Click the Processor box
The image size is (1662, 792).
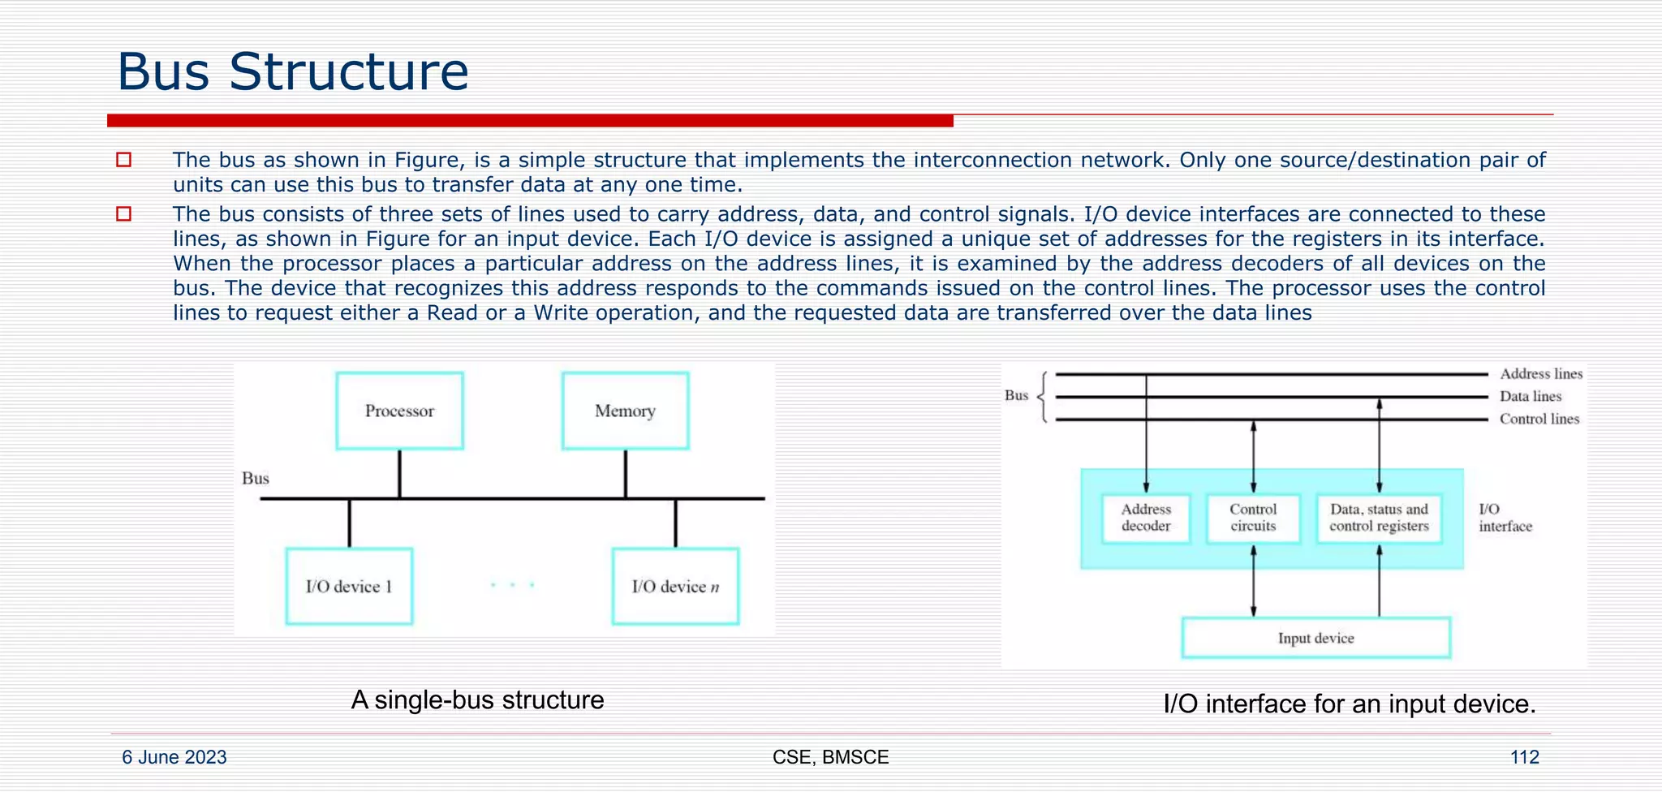click(x=399, y=411)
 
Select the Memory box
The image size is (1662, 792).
click(x=625, y=411)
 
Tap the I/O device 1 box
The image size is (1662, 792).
click(x=349, y=586)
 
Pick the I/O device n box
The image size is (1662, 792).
click(x=675, y=586)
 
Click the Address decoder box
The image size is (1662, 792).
click(x=1146, y=518)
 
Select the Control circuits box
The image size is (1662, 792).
click(x=1253, y=518)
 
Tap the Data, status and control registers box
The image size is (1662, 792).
click(x=1379, y=518)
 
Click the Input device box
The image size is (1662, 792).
click(x=1315, y=638)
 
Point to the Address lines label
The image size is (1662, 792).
click(x=1540, y=374)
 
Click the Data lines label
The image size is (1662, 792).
click(x=1530, y=397)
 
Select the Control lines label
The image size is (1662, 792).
click(x=1539, y=420)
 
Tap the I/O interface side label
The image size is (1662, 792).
click(x=1505, y=518)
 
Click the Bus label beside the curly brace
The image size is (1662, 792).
click(x=1016, y=396)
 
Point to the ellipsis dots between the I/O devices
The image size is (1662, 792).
click(x=512, y=584)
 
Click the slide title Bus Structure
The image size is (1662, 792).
click(x=293, y=71)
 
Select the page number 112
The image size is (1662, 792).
click(x=1524, y=757)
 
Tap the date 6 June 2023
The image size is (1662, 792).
click(x=174, y=757)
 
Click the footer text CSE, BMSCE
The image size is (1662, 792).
click(x=830, y=757)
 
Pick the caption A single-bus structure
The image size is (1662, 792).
click(x=477, y=699)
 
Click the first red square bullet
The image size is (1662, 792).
click(x=123, y=160)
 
